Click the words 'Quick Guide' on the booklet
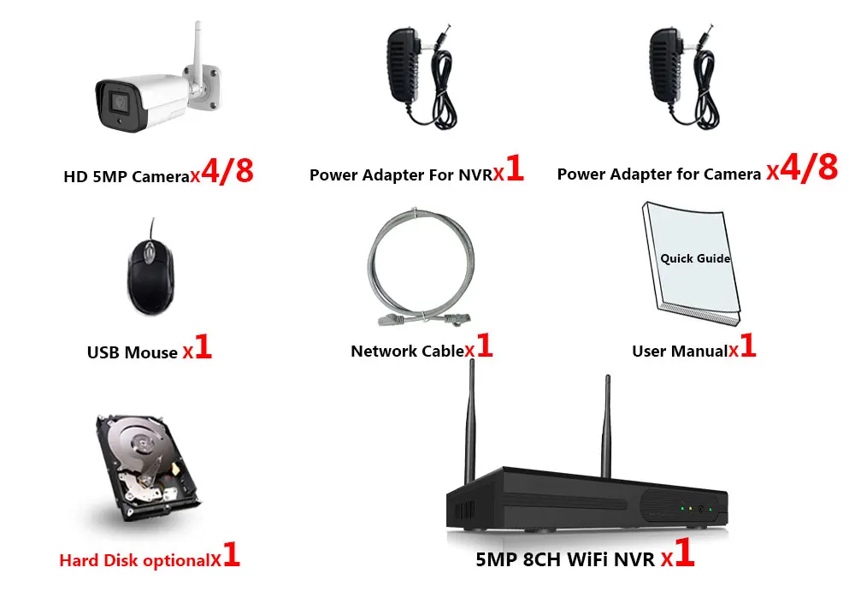coord(695,257)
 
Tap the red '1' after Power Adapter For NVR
coord(515,168)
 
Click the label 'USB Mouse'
coord(133,352)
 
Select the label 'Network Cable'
coord(407,351)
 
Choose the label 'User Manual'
coord(679,351)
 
